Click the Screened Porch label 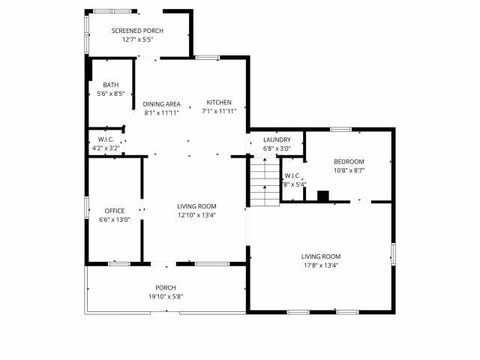click(137, 31)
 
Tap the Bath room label click(111, 85)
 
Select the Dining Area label click(162, 103)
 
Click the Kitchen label click(219, 103)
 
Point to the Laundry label click(277, 140)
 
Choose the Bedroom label click(349, 162)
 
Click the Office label click(115, 211)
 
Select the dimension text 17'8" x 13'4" click(321, 265)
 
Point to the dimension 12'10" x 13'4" click(196, 215)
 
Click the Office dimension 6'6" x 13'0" click(115, 220)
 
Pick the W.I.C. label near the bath click(106, 139)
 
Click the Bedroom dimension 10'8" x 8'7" click(349, 171)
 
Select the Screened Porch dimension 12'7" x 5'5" click(137, 39)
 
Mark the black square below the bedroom click(323, 196)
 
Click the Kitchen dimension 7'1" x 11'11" click(219, 111)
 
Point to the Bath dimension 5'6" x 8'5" click(111, 94)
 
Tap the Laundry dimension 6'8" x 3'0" click(277, 148)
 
